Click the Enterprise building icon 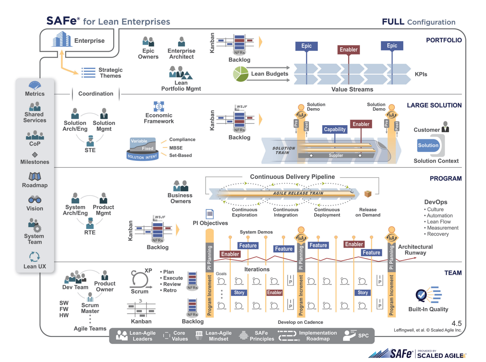61,39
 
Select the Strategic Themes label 110,73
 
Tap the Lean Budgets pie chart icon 241,74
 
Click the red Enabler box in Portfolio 348,50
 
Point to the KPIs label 421,74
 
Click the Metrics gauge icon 35,85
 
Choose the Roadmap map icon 35,176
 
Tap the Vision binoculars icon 35,200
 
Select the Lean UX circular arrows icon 34,257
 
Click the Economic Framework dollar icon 159,106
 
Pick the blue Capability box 335,129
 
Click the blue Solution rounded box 428,145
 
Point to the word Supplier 336,156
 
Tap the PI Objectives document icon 210,214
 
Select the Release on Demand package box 368,194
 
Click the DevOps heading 436,202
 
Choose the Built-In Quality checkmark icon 421,295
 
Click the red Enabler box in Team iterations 274,292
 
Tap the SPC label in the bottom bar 363,336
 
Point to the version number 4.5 457,323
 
